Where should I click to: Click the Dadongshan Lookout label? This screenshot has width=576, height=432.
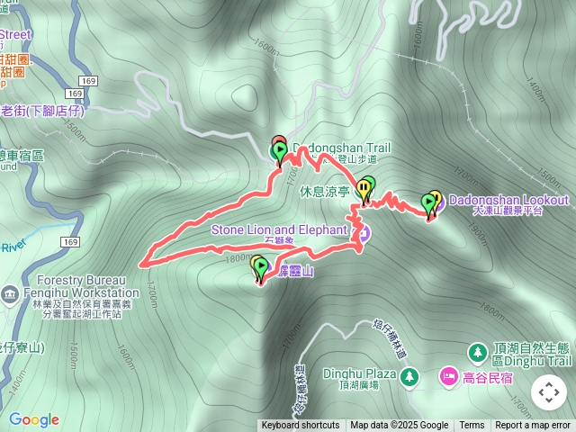coord(508,200)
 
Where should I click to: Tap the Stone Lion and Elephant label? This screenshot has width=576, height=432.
coord(279,229)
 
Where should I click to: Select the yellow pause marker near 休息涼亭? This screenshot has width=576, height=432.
coord(363,188)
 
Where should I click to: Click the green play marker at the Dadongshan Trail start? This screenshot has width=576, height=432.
coord(280,150)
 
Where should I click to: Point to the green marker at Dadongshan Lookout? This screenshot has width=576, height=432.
coord(428,202)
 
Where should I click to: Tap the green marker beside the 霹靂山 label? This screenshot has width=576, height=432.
coord(258,265)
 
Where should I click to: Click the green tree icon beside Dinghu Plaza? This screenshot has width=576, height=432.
coord(409,374)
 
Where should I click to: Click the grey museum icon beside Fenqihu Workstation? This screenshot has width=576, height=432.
coord(9,293)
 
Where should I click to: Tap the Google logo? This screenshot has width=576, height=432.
coord(33,419)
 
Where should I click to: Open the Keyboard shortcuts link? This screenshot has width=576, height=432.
coord(301,426)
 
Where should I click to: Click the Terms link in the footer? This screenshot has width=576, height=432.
coord(472,426)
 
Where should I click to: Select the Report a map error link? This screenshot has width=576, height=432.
coord(533,426)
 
